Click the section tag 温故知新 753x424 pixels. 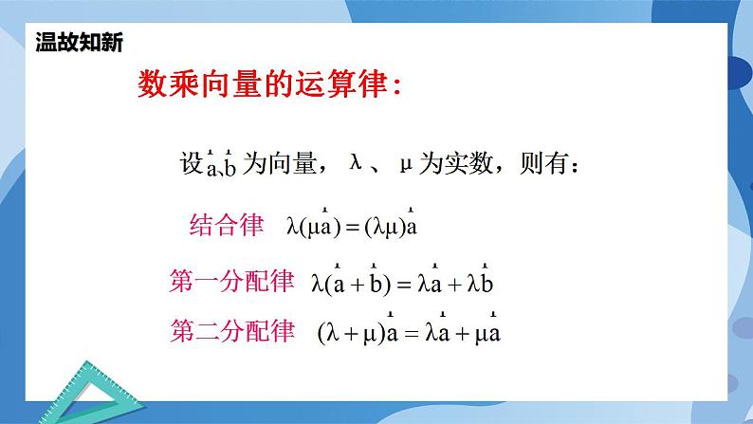(79, 43)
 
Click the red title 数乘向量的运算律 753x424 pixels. (268, 85)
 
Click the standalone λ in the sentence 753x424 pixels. (357, 163)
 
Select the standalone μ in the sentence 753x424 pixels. (406, 163)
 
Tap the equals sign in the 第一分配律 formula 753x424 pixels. (404, 283)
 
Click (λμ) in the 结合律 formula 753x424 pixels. (384, 228)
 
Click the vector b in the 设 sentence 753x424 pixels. (230, 166)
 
